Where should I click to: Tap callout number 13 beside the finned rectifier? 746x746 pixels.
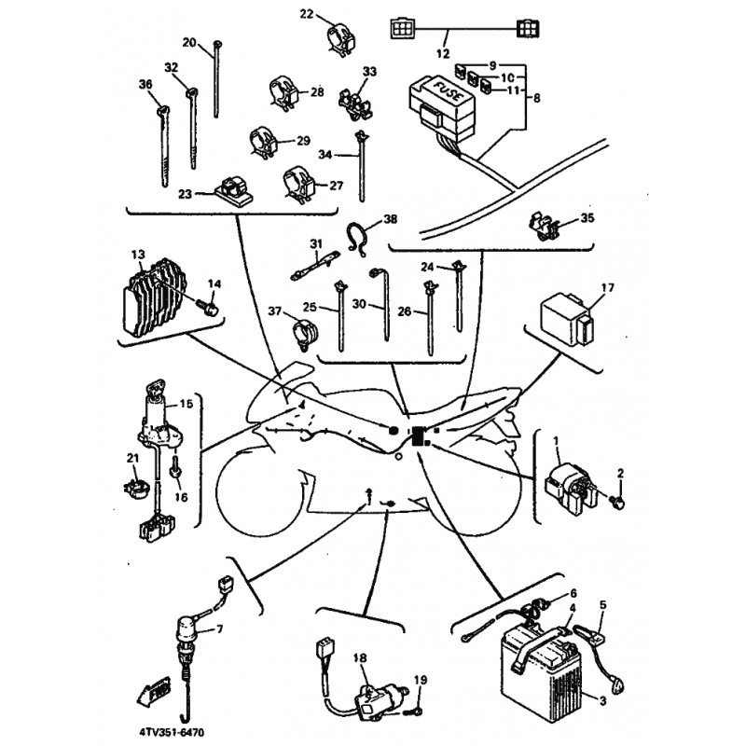tap(138, 255)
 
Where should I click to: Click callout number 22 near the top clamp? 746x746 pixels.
tap(308, 14)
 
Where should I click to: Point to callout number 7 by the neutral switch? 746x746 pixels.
tap(220, 629)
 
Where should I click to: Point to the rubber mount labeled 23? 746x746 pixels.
tap(228, 191)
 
